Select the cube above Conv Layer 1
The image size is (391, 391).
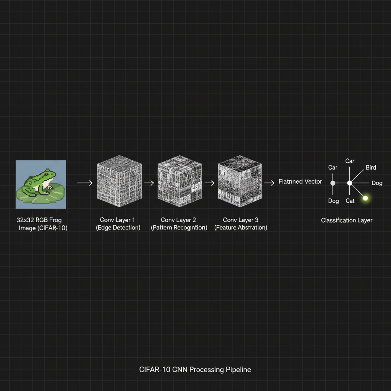point(120,181)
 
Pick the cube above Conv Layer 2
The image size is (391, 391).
point(179,181)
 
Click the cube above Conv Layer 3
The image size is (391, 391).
point(240,181)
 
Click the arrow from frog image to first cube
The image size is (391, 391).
point(85,183)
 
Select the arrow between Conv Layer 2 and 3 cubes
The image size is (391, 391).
point(210,183)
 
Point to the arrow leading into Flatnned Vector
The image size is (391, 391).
point(269,183)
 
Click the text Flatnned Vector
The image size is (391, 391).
point(300,181)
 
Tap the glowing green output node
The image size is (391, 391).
point(365,198)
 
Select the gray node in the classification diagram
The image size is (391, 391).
point(333,183)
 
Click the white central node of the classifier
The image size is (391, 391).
point(350,183)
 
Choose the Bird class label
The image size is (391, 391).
point(371,168)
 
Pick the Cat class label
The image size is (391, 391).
point(350,201)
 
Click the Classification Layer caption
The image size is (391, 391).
point(347,220)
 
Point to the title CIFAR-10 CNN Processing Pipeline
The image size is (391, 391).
point(195,370)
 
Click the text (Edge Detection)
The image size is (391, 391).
point(118,228)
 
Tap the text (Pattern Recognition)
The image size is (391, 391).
point(179,228)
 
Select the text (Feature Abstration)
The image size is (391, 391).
point(241,228)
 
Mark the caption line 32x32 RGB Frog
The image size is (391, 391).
point(39,220)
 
